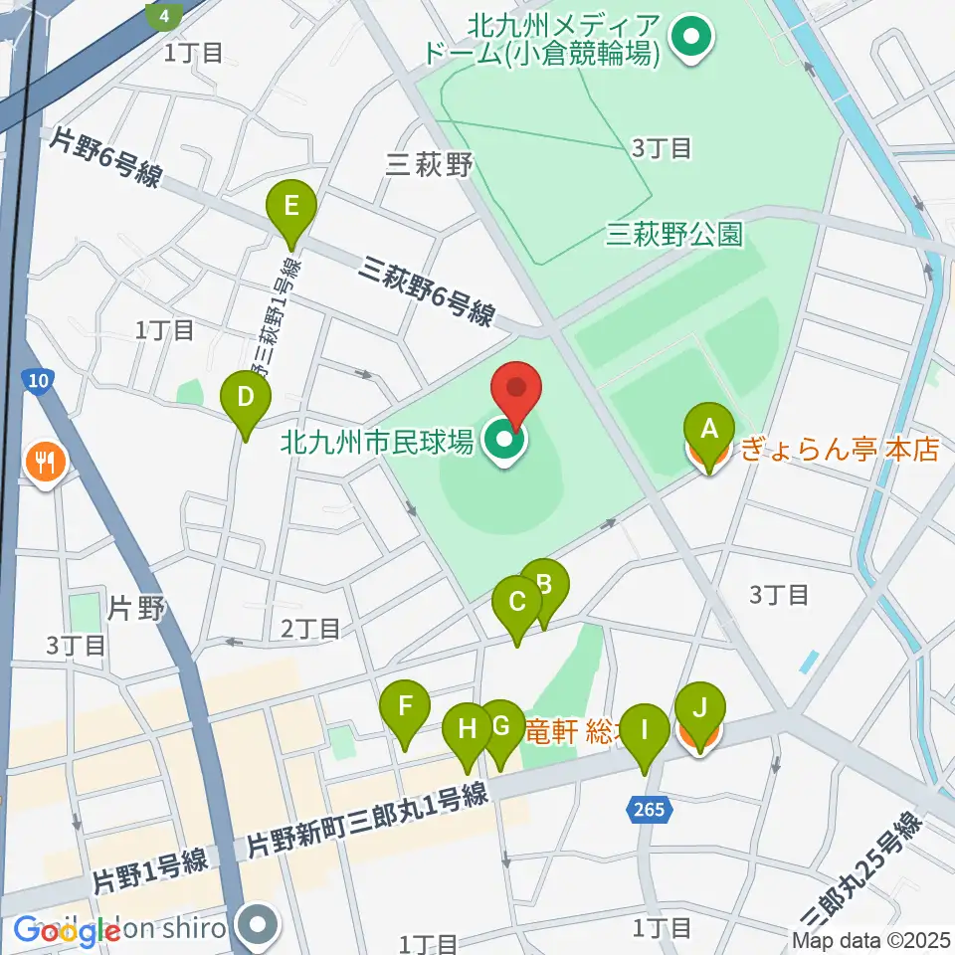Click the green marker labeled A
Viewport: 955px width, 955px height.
[709, 430]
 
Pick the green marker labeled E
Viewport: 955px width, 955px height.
[291, 207]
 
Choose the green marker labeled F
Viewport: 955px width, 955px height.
[405, 707]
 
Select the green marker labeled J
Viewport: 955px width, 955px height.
[699, 710]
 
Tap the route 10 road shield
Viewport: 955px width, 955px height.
[38, 381]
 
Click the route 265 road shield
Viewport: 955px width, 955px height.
[648, 810]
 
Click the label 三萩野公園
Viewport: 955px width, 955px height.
[674, 234]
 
